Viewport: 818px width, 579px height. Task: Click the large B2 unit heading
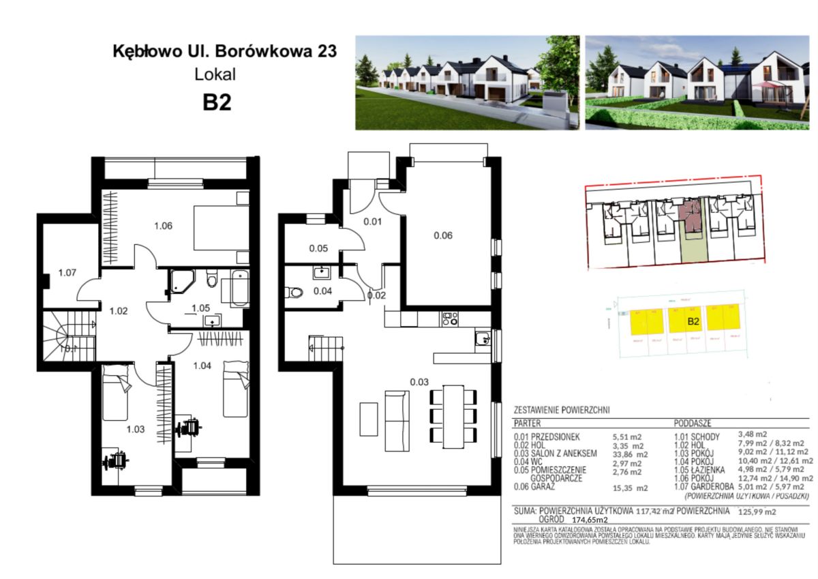(217, 102)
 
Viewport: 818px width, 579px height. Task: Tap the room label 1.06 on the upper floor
(162, 226)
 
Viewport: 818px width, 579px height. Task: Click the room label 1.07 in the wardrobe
(66, 273)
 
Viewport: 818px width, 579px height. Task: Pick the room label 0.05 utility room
(318, 248)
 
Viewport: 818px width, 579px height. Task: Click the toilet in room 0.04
(294, 293)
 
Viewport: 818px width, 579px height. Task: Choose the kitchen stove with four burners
(449, 318)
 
